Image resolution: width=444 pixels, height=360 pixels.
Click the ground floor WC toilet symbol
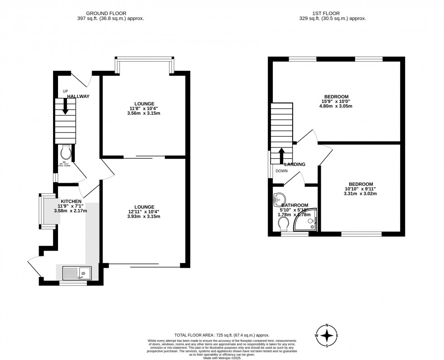coord(65,150)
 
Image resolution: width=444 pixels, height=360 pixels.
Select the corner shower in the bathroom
coord(305,222)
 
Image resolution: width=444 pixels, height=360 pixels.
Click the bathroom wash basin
coord(280,199)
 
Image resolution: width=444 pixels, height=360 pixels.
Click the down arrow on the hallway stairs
coord(65,106)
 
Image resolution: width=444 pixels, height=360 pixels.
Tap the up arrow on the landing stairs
coord(281,155)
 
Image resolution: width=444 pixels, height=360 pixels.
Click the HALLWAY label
coord(78,97)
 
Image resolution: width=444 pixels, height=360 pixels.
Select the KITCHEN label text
coord(71,201)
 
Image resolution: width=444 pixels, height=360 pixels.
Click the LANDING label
coord(294,164)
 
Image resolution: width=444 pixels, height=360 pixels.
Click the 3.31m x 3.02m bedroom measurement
coord(361,194)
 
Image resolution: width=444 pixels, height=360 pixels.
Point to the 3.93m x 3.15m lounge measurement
coord(144,216)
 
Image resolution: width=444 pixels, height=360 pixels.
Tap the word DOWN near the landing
coord(281,171)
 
